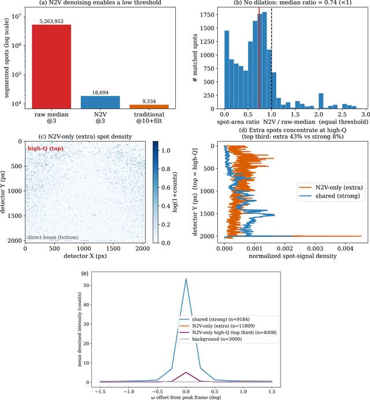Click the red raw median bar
[x=51, y=66]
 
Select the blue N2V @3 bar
[x=100, y=102]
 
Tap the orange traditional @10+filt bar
[x=149, y=106]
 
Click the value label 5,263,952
[x=51, y=21]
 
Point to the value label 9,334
[x=149, y=101]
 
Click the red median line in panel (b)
[x=259, y=58]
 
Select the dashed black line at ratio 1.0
[x=272, y=58]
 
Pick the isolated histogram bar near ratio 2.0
[x=321, y=101]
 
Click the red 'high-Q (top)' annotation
[x=46, y=149]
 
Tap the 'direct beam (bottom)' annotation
[x=53, y=237]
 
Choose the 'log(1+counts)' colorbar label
[x=175, y=192]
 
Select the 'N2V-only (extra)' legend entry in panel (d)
[x=331, y=187]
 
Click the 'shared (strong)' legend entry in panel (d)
[x=330, y=195]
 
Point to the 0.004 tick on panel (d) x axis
[x=345, y=248]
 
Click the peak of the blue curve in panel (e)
[x=186, y=279]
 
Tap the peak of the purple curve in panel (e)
[x=186, y=372]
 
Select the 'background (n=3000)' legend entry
[x=210, y=339]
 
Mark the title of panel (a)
[x=100, y=3]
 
